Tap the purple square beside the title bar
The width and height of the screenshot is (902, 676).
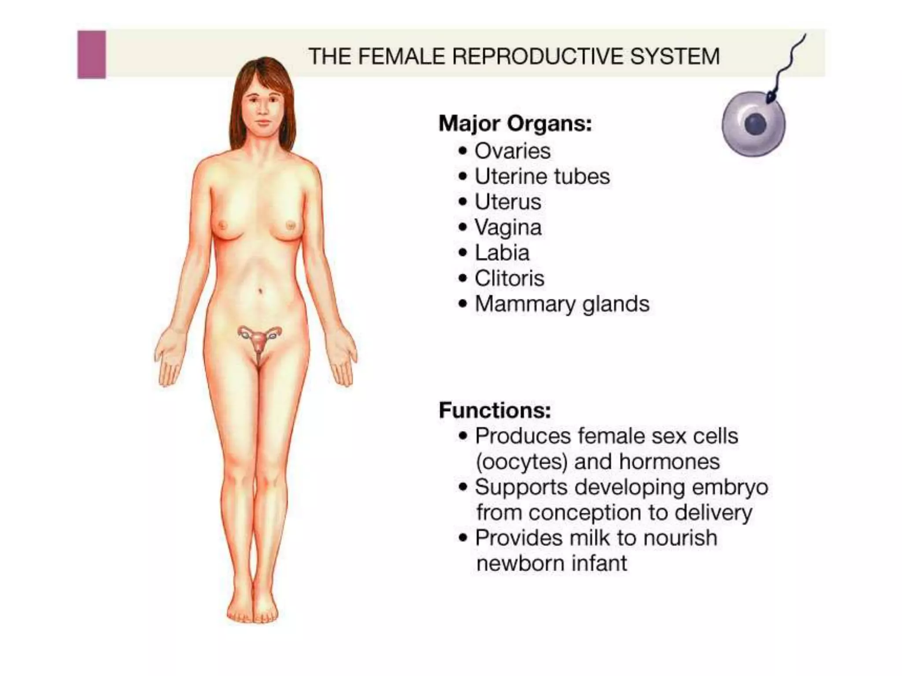click(x=92, y=55)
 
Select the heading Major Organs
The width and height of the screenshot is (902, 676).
click(x=515, y=123)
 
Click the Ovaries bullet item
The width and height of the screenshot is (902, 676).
click(x=512, y=151)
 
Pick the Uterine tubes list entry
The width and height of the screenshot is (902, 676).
click(x=542, y=176)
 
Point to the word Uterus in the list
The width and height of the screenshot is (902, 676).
click(x=507, y=202)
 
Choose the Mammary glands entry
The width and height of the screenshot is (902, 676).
click(x=562, y=304)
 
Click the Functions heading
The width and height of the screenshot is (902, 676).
click(x=495, y=410)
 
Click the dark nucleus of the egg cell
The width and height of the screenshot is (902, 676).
click(x=756, y=124)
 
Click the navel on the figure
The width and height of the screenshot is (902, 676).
click(x=261, y=290)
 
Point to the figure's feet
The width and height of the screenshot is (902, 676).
click(x=253, y=610)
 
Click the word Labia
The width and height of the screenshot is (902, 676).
click(x=502, y=253)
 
